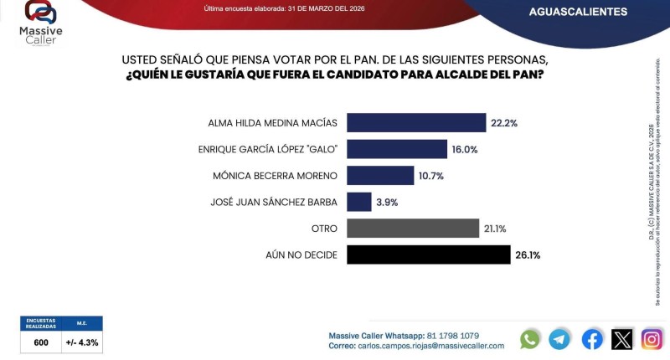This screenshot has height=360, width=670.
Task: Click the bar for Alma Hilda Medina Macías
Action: [x=415, y=122]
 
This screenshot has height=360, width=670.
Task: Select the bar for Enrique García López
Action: [x=396, y=149]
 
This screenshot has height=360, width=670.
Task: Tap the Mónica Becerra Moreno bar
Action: [x=380, y=176]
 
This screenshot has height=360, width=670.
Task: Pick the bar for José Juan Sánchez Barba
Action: [x=358, y=202]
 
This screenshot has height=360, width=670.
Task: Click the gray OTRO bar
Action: [x=412, y=229]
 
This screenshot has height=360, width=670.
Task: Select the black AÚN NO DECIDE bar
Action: [x=428, y=255]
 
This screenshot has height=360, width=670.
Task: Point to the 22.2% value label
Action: [x=504, y=123]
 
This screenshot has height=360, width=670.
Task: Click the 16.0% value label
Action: [x=465, y=149]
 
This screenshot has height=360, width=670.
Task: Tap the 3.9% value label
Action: [x=388, y=202]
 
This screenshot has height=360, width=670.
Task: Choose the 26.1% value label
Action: [x=528, y=255]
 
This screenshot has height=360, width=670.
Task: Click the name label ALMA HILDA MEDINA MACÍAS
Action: [x=272, y=123]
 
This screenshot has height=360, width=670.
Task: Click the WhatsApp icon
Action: [x=530, y=338]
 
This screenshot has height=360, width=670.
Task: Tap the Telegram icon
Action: [x=559, y=338]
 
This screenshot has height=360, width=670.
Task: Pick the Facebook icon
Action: [x=591, y=338]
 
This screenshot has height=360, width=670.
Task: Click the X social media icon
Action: [x=622, y=338]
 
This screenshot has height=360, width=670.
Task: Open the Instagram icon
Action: [x=652, y=338]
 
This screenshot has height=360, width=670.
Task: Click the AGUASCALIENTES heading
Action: [x=579, y=12]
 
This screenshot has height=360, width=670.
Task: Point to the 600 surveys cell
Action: [x=42, y=342]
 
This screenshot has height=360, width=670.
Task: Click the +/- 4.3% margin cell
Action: [x=82, y=342]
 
